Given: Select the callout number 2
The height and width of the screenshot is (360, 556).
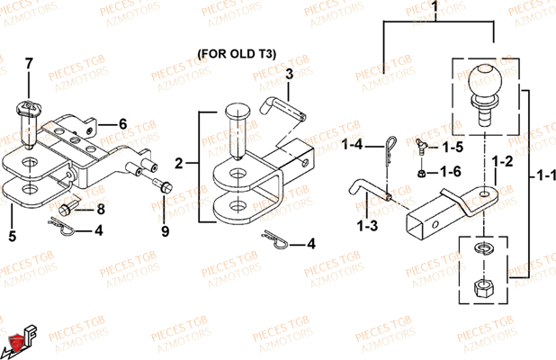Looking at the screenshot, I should tap(178, 163).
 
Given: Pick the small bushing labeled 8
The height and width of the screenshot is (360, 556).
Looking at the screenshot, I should tap(67, 209).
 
